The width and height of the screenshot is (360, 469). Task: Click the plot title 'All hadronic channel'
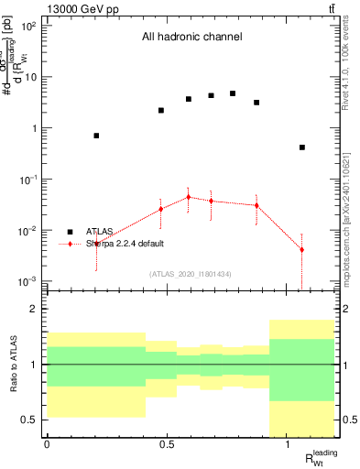pyautogui.click(x=191, y=38)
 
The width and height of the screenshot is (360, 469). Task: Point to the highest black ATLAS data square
pyautogui.click(x=233, y=93)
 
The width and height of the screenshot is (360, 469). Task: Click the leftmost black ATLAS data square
pyautogui.click(x=96, y=136)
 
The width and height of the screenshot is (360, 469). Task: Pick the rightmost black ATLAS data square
pyautogui.click(x=301, y=147)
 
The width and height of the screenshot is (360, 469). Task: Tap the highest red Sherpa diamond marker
pyautogui.click(x=188, y=197)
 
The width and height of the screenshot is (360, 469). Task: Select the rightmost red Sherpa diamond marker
pyautogui.click(x=301, y=249)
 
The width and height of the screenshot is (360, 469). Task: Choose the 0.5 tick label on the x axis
pyautogui.click(x=167, y=444)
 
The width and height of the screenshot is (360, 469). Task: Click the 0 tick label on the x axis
pyautogui.click(x=47, y=444)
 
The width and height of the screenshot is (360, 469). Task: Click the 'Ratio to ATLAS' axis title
pyautogui.click(x=14, y=365)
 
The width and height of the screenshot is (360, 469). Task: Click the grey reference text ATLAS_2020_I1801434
pyautogui.click(x=191, y=274)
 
